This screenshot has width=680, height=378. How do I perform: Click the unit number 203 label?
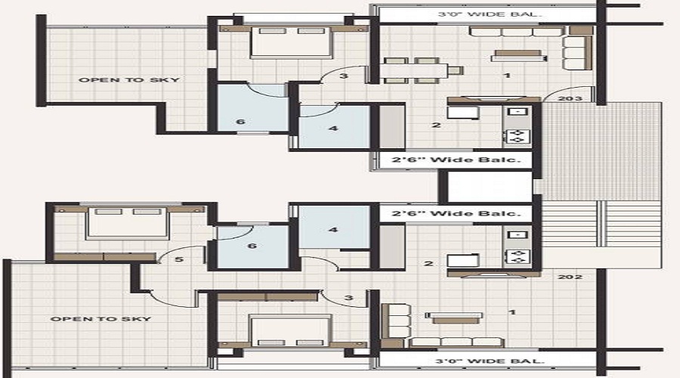click(570, 99)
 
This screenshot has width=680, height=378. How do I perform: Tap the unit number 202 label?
click(570, 277)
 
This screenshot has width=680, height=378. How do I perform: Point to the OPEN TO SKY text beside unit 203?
click(128, 80)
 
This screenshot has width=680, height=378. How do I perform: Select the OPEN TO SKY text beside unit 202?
click(100, 319)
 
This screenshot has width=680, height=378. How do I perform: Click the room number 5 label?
click(179, 259)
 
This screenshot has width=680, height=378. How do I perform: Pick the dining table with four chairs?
click(421, 70)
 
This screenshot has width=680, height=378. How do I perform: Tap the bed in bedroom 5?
click(128, 223)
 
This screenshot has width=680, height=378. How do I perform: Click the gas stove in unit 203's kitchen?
click(516, 136)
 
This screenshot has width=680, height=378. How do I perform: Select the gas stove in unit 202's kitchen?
click(516, 256)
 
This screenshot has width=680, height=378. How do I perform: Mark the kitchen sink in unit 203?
click(518, 112)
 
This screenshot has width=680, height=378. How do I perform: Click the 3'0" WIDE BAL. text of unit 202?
click(489, 361)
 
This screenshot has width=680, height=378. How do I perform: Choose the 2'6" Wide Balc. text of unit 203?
click(456, 160)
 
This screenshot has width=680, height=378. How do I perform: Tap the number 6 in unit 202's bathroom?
click(252, 246)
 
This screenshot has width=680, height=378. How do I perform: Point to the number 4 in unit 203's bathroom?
click(333, 129)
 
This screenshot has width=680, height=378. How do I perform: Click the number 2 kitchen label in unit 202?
click(429, 263)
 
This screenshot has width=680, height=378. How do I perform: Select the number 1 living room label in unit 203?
click(507, 76)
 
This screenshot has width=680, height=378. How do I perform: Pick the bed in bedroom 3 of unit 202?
click(292, 330)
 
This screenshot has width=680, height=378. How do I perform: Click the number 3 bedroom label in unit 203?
click(344, 76)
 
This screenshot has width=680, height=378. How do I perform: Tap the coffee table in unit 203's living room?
click(518, 55)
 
